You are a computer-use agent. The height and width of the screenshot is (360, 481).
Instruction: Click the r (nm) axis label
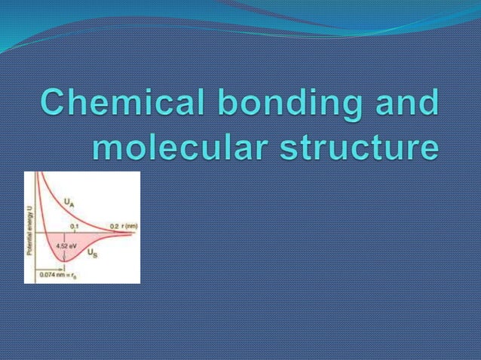(130, 226)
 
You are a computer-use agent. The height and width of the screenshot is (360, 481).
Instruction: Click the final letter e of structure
(428, 147)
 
